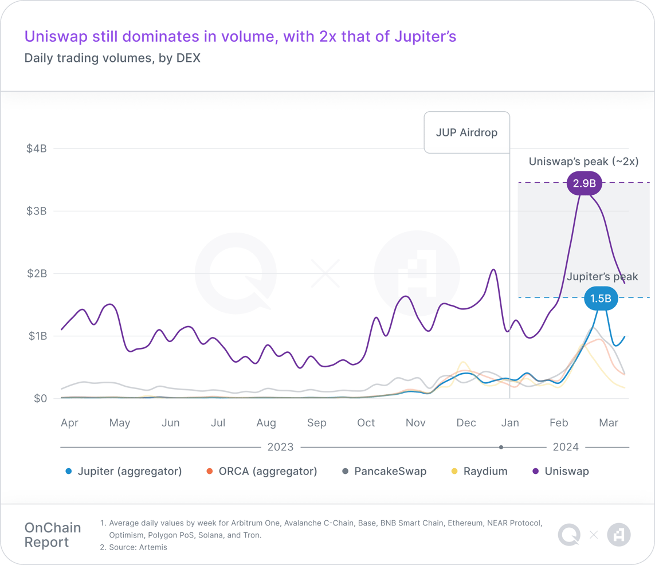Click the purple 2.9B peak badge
584,184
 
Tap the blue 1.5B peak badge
601,299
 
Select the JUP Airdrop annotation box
466,132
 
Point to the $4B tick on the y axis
36,148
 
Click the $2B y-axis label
36,273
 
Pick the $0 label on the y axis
40,398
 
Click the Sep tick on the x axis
316,423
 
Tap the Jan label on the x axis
510,423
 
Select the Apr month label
69,423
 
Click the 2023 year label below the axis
280,447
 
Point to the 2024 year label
566,447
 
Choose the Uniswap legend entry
566,472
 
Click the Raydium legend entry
485,472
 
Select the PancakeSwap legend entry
390,472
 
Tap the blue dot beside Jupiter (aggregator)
69,472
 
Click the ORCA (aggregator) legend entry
267,472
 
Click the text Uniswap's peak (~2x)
583,162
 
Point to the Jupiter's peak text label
602,277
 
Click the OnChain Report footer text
53,535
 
